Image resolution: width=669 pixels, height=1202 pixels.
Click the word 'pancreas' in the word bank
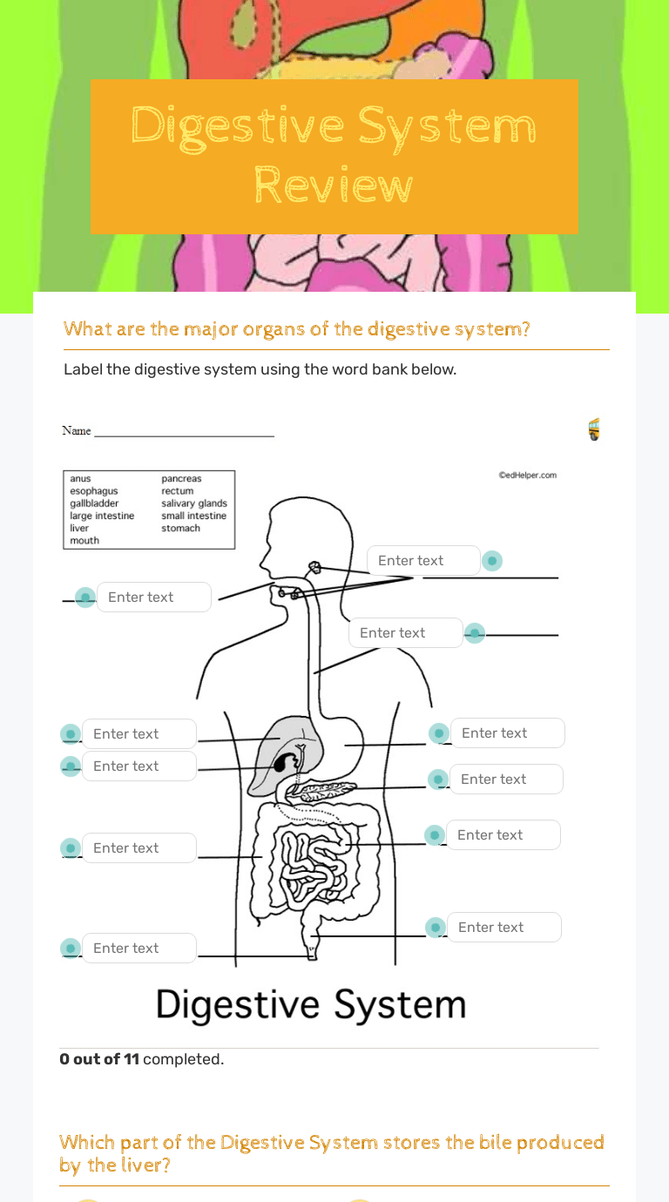pyautogui.click(x=181, y=479)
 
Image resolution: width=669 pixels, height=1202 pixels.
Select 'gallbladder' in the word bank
pyautogui.click(x=94, y=503)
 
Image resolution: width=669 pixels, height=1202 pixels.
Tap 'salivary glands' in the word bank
pyautogui.click(x=194, y=503)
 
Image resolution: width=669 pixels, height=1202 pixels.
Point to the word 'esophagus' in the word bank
pyautogui.click(x=94, y=491)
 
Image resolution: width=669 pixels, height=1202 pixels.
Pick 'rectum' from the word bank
pyautogui.click(x=178, y=491)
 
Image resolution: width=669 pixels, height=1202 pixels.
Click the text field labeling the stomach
pyautogui.click(x=507, y=733)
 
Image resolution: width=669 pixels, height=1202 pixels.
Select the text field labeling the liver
pyautogui.click(x=139, y=734)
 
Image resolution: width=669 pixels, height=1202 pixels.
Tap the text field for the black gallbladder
pyautogui.click(x=139, y=766)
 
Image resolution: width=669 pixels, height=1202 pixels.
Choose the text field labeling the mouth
pyautogui.click(x=153, y=598)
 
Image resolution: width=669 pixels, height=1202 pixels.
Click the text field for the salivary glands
pyautogui.click(x=423, y=561)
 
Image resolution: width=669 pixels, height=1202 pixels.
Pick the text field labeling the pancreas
pyautogui.click(x=506, y=780)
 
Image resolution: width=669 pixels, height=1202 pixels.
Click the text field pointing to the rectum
pyautogui.click(x=503, y=928)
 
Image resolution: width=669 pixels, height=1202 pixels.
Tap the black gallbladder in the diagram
pyautogui.click(x=283, y=765)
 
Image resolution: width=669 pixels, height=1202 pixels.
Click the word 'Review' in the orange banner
pyautogui.click(x=334, y=186)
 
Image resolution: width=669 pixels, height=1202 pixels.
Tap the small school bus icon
pyautogui.click(x=594, y=429)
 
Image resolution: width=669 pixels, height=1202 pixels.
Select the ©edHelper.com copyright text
pyautogui.click(x=527, y=476)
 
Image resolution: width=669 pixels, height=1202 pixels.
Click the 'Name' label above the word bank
pyautogui.click(x=77, y=430)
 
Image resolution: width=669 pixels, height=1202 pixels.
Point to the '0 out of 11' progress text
pyautogui.click(x=98, y=1060)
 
